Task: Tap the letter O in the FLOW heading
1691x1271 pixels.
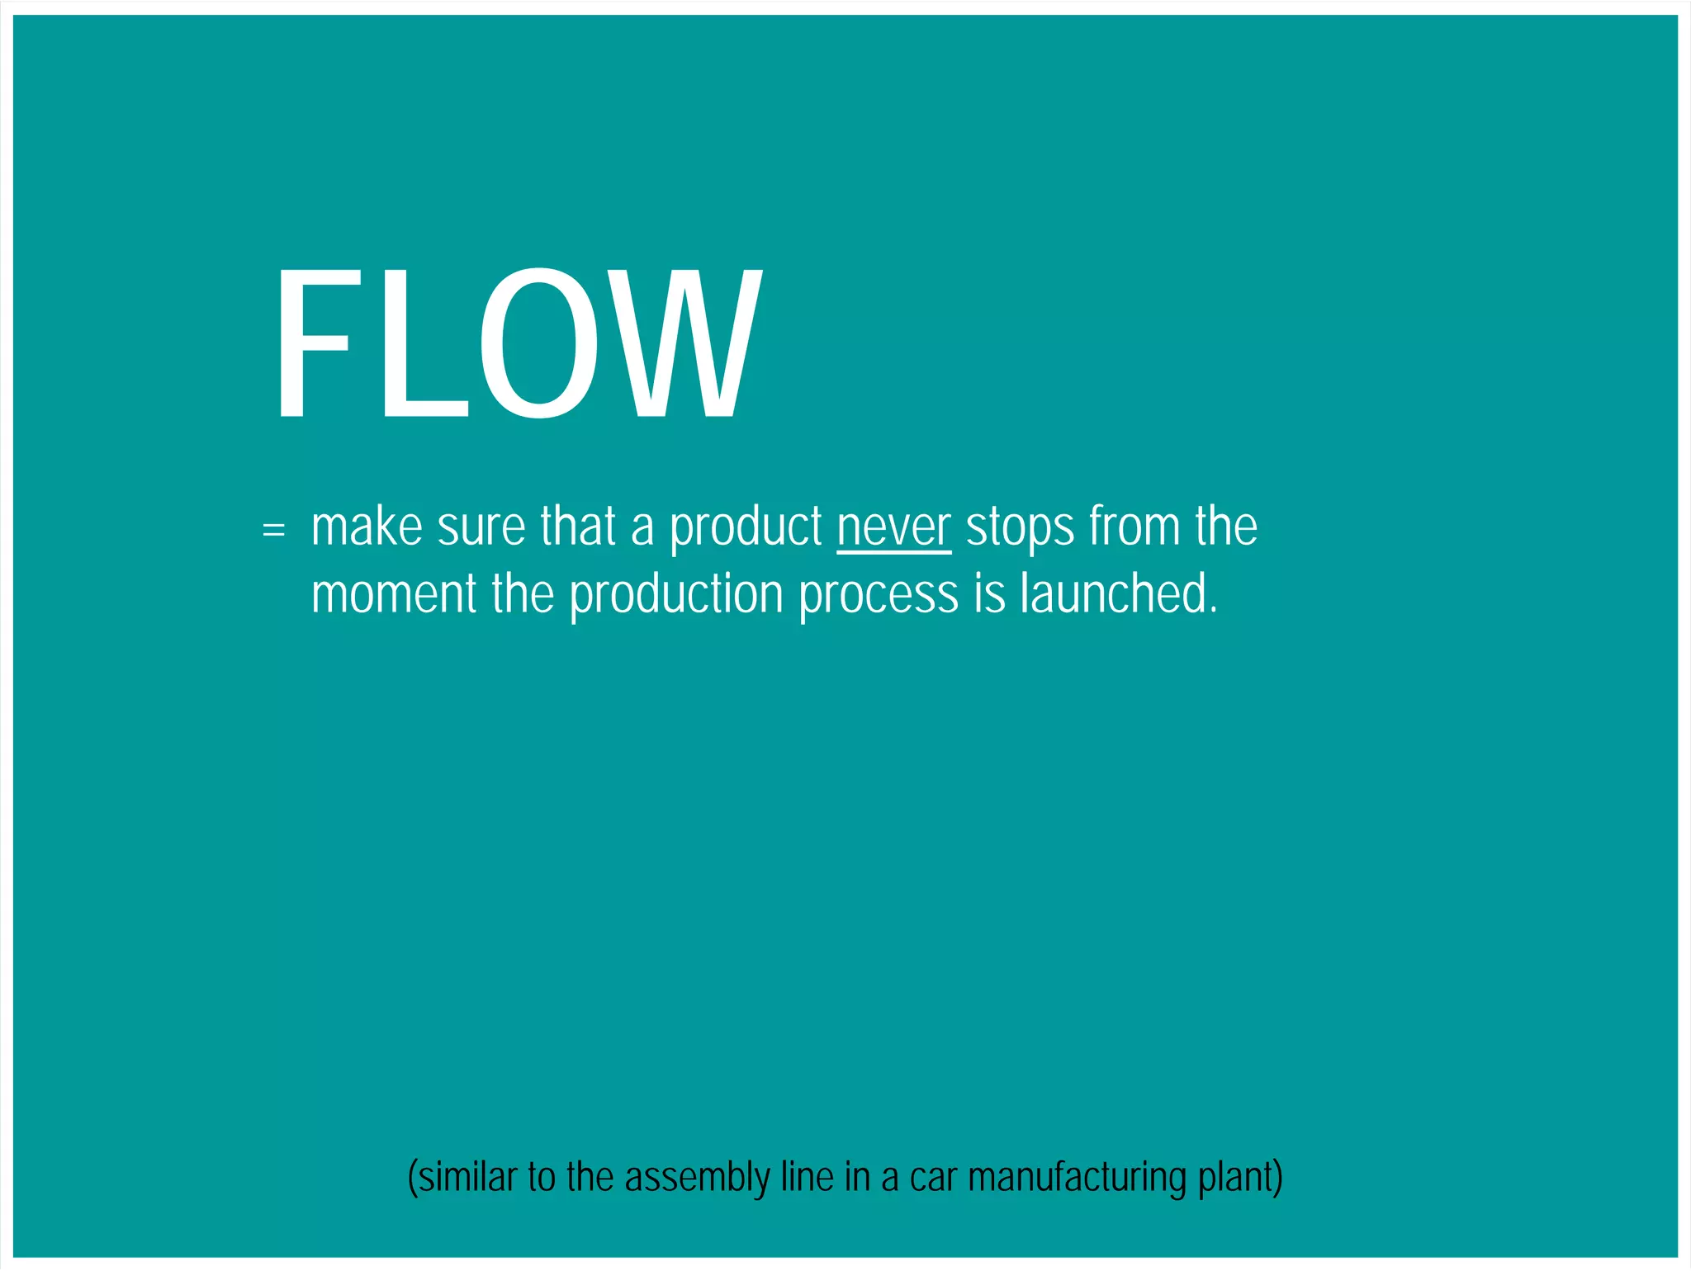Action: pos(540,343)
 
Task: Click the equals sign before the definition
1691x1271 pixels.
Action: pos(273,528)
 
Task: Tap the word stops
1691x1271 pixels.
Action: pos(1021,528)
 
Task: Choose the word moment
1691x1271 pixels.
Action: pos(394,594)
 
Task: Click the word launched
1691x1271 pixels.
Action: pos(1118,594)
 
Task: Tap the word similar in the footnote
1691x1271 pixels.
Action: pos(467,1177)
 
